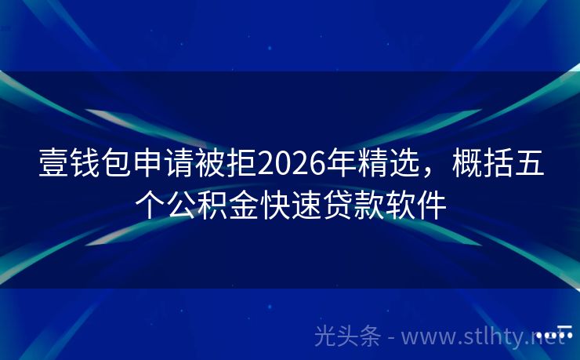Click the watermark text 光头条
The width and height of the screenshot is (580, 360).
click(x=348, y=336)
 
